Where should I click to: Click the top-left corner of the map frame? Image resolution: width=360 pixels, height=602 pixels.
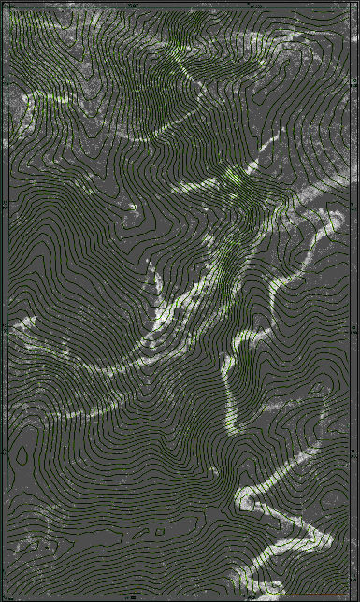tap(6, 7)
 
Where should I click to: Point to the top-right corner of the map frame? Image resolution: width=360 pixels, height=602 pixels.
tap(353, 7)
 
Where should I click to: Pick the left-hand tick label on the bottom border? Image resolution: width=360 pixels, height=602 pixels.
tap(131, 598)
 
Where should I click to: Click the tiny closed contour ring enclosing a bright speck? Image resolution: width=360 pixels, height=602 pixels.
tap(133, 208)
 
